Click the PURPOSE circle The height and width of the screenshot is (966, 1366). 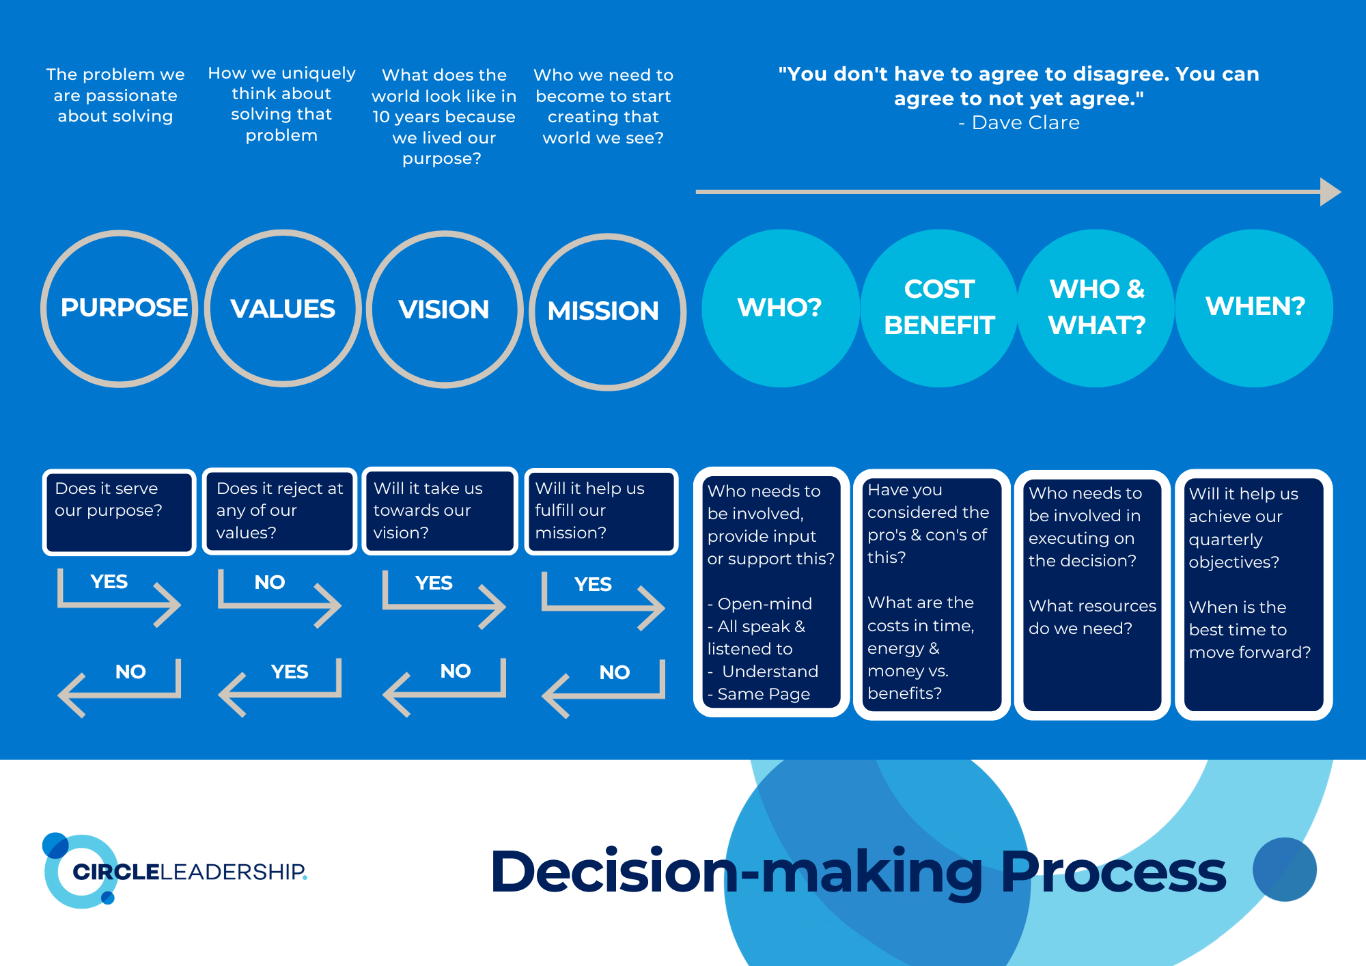pyautogui.click(x=120, y=309)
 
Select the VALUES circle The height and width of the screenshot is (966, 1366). pyautogui.click(x=283, y=309)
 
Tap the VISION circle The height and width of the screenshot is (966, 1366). pyautogui.click(x=445, y=309)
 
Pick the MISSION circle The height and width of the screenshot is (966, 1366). pyautogui.click(x=607, y=312)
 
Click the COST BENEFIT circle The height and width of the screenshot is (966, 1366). pyautogui.click(x=939, y=308)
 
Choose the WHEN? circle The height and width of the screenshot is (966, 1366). pyautogui.click(x=1255, y=308)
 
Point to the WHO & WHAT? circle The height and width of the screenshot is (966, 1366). pyautogui.click(x=1097, y=308)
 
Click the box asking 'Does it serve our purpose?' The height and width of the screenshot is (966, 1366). pyautogui.click(x=119, y=512)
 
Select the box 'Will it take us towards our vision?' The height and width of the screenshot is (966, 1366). pyautogui.click(x=440, y=511)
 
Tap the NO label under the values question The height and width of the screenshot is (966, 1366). pyautogui.click(x=269, y=582)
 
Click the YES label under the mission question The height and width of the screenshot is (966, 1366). pyautogui.click(x=593, y=584)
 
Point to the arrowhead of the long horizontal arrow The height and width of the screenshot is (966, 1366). pyautogui.click(x=1330, y=192)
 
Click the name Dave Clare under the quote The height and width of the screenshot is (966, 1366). pyautogui.click(x=1026, y=123)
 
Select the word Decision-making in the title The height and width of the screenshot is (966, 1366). pyautogui.click(x=738, y=871)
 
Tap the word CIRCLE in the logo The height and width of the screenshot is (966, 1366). pyautogui.click(x=116, y=872)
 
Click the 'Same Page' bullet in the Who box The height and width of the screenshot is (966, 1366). pyautogui.click(x=764, y=694)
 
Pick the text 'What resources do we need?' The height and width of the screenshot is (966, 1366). pyautogui.click(x=1091, y=617)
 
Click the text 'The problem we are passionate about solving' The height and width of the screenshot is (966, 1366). pyautogui.click(x=115, y=95)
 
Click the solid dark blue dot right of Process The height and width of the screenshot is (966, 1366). pyautogui.click(x=1284, y=870)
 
